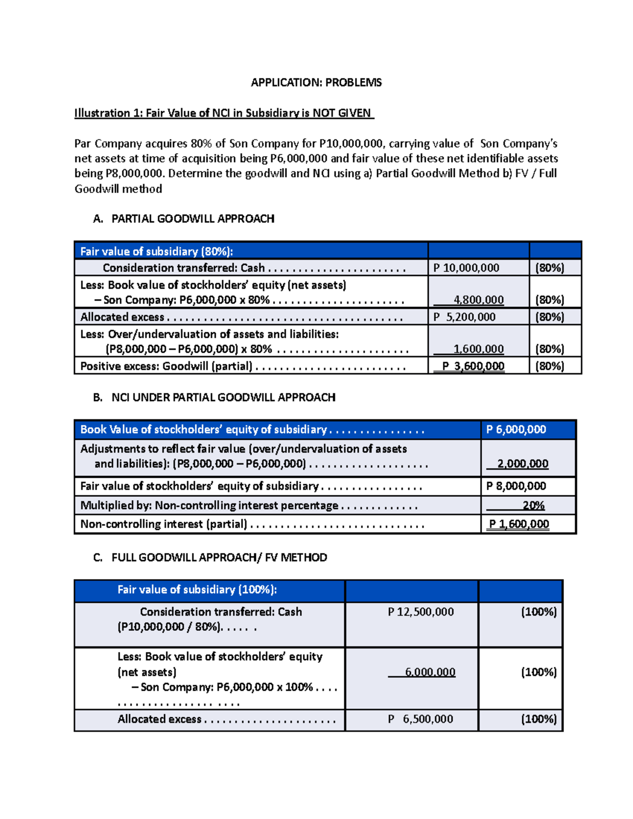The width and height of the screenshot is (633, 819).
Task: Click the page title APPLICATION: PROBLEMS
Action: click(x=316, y=82)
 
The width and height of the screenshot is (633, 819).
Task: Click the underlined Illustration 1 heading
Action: click(x=224, y=113)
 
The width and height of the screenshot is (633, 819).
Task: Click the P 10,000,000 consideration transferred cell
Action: click(x=466, y=268)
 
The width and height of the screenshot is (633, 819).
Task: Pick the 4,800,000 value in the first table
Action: click(x=478, y=300)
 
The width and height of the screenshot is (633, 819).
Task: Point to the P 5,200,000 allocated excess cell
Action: click(x=464, y=317)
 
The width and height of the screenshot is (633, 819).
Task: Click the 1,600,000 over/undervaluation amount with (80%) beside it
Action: click(x=478, y=349)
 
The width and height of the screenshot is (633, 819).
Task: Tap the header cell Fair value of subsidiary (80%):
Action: click(x=156, y=251)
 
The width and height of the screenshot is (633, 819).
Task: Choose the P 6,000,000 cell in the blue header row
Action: click(x=516, y=430)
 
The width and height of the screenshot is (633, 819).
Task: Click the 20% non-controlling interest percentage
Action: click(x=533, y=505)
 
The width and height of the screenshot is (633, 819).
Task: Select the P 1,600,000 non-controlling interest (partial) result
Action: click(x=519, y=524)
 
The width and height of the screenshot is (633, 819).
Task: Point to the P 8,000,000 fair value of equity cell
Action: click(x=516, y=486)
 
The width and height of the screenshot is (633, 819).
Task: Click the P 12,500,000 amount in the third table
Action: click(x=421, y=612)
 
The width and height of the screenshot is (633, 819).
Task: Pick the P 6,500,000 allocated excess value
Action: click(x=421, y=719)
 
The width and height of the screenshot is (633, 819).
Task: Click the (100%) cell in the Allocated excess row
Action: click(x=539, y=719)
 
